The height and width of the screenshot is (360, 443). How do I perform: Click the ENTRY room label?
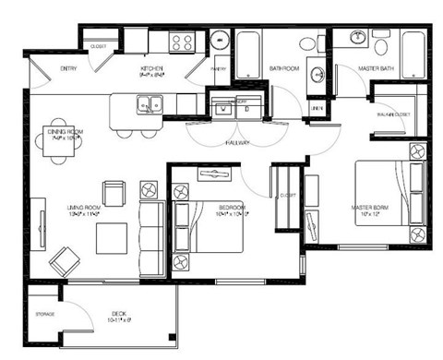(x=68, y=69)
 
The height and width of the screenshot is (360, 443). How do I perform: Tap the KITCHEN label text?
(x=151, y=69)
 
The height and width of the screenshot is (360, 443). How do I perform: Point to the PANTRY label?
(x=219, y=69)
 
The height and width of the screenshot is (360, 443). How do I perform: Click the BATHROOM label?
(x=282, y=69)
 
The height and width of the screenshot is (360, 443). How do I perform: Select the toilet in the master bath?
(x=381, y=43)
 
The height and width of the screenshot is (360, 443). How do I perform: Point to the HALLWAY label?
(x=238, y=144)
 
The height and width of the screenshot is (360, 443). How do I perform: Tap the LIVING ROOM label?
(x=83, y=209)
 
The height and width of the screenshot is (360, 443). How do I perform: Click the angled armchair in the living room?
(x=66, y=261)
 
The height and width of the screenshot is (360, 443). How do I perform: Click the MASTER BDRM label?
(x=369, y=208)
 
